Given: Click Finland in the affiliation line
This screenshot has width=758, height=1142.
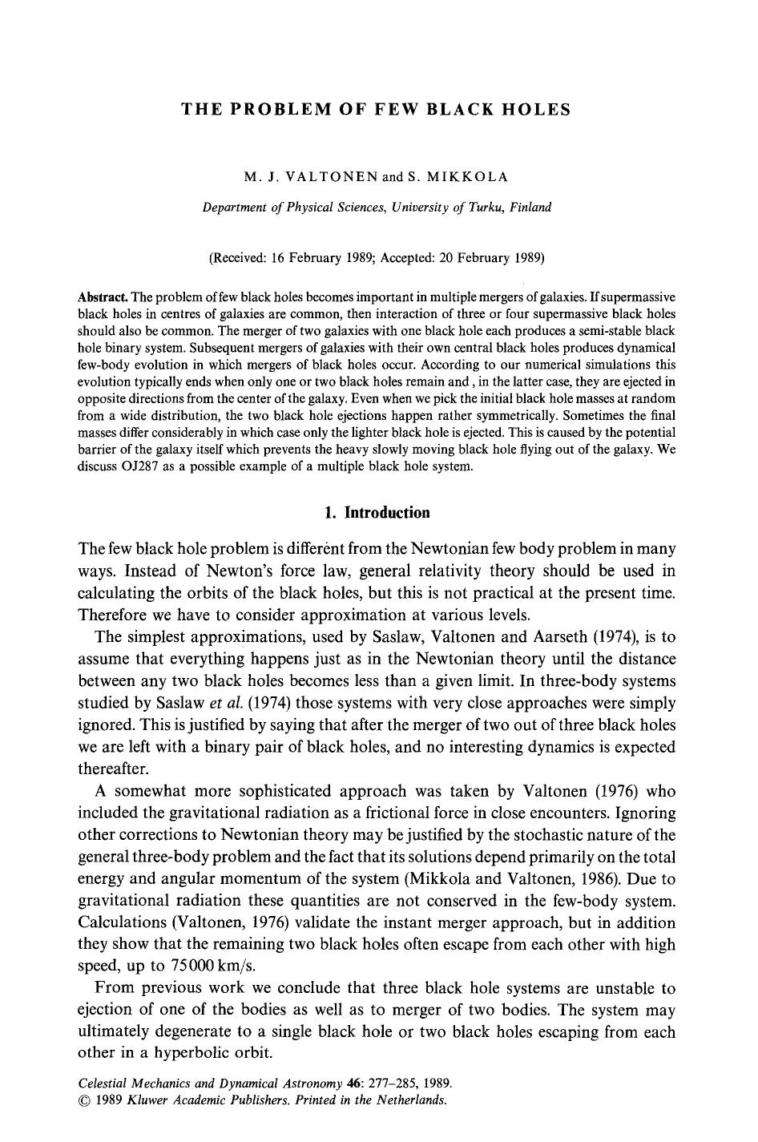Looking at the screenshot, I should [x=529, y=208].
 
